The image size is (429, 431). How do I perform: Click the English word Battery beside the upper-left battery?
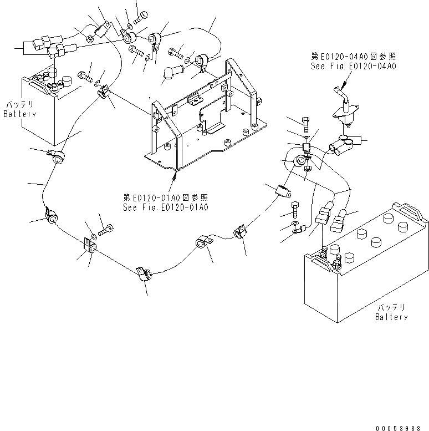(19, 114)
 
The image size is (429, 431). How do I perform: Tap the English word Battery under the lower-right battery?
(391, 317)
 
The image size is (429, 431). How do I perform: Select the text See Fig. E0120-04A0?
(354, 66)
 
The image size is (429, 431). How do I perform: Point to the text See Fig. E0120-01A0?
(166, 207)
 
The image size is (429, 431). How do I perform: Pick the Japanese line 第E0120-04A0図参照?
(354, 57)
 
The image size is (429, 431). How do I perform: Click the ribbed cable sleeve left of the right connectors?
(283, 192)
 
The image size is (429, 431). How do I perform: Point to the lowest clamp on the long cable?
(144, 274)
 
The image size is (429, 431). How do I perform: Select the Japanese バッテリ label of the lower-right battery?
(391, 308)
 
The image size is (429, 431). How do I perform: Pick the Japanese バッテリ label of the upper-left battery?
(20, 105)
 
